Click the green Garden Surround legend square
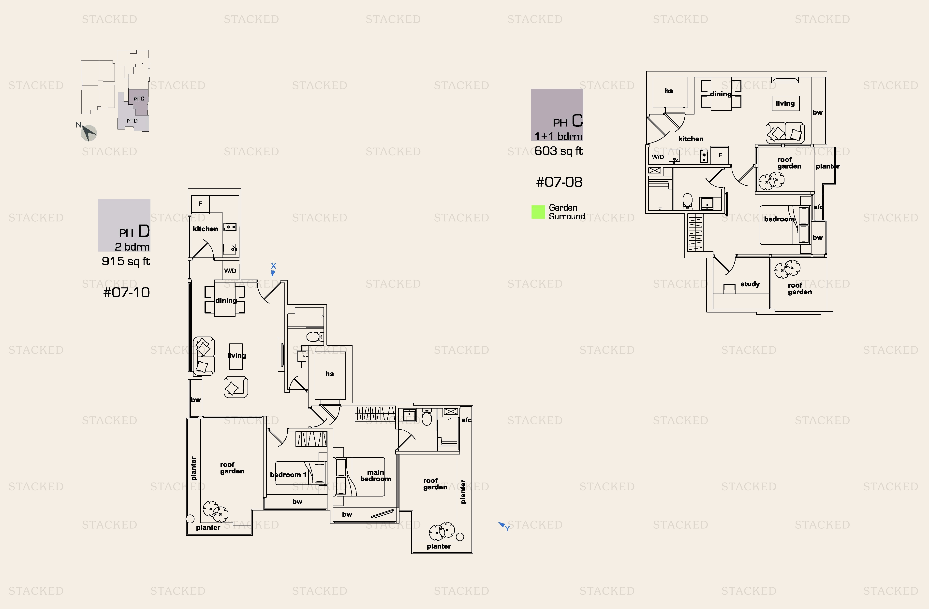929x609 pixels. (538, 212)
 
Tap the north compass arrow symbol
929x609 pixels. (88, 132)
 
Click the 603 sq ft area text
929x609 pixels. (558, 151)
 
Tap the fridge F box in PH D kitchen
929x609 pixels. (200, 204)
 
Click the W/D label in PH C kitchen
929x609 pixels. (657, 157)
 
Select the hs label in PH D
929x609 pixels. (329, 374)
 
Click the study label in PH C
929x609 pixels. (750, 284)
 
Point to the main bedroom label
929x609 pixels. (375, 476)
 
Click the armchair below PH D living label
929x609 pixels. (235, 387)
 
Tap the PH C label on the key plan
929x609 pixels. (139, 99)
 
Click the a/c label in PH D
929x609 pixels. (466, 420)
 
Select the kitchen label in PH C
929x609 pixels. (691, 139)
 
